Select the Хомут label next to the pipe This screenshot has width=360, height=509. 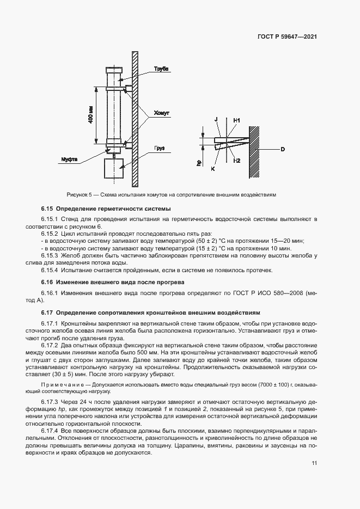(x=162, y=113)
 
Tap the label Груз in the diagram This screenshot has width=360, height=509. (x=159, y=148)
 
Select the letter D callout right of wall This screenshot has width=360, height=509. (x=283, y=149)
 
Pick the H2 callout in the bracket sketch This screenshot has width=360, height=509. (x=236, y=161)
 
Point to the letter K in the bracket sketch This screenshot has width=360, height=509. (x=212, y=169)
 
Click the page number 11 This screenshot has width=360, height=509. (x=314, y=463)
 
